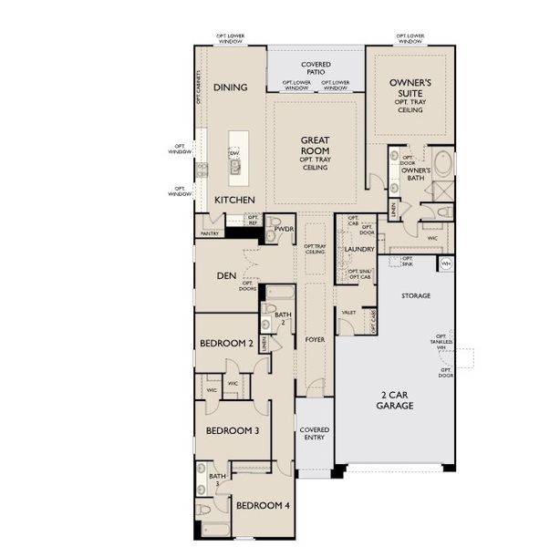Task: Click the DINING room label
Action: coord(231,88)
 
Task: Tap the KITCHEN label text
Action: coord(234,199)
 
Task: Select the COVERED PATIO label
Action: coord(316,68)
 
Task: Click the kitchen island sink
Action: coord(234,167)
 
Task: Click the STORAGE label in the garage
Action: coord(416,295)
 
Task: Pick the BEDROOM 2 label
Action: coord(226,344)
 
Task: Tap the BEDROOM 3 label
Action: coord(233,430)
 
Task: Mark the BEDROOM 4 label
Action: coord(263,505)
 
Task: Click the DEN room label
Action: coord(227,276)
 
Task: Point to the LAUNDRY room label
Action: coord(360,249)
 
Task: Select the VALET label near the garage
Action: coord(348,311)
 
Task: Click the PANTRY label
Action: coord(209,233)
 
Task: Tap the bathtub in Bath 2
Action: coord(279,294)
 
